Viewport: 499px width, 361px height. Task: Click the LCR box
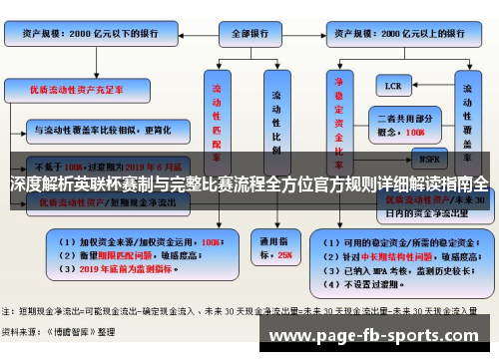(395, 87)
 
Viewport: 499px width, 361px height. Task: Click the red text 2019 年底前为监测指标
(111, 269)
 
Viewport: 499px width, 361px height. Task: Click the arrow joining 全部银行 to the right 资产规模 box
(304, 32)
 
